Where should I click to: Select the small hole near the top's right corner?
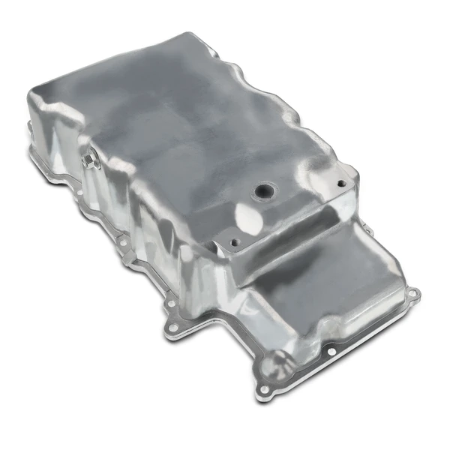pyautogui.click(x=341, y=182)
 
